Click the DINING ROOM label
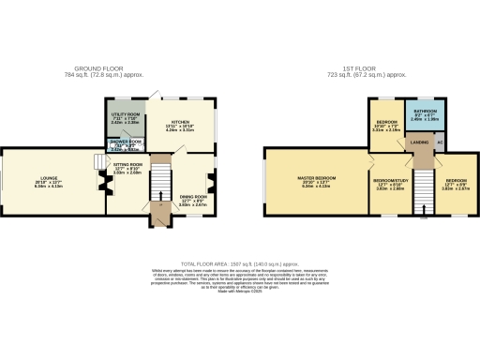pyautogui.click(x=193, y=196)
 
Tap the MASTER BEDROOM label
pyautogui.click(x=316, y=179)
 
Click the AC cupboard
pyautogui.click(x=440, y=143)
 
